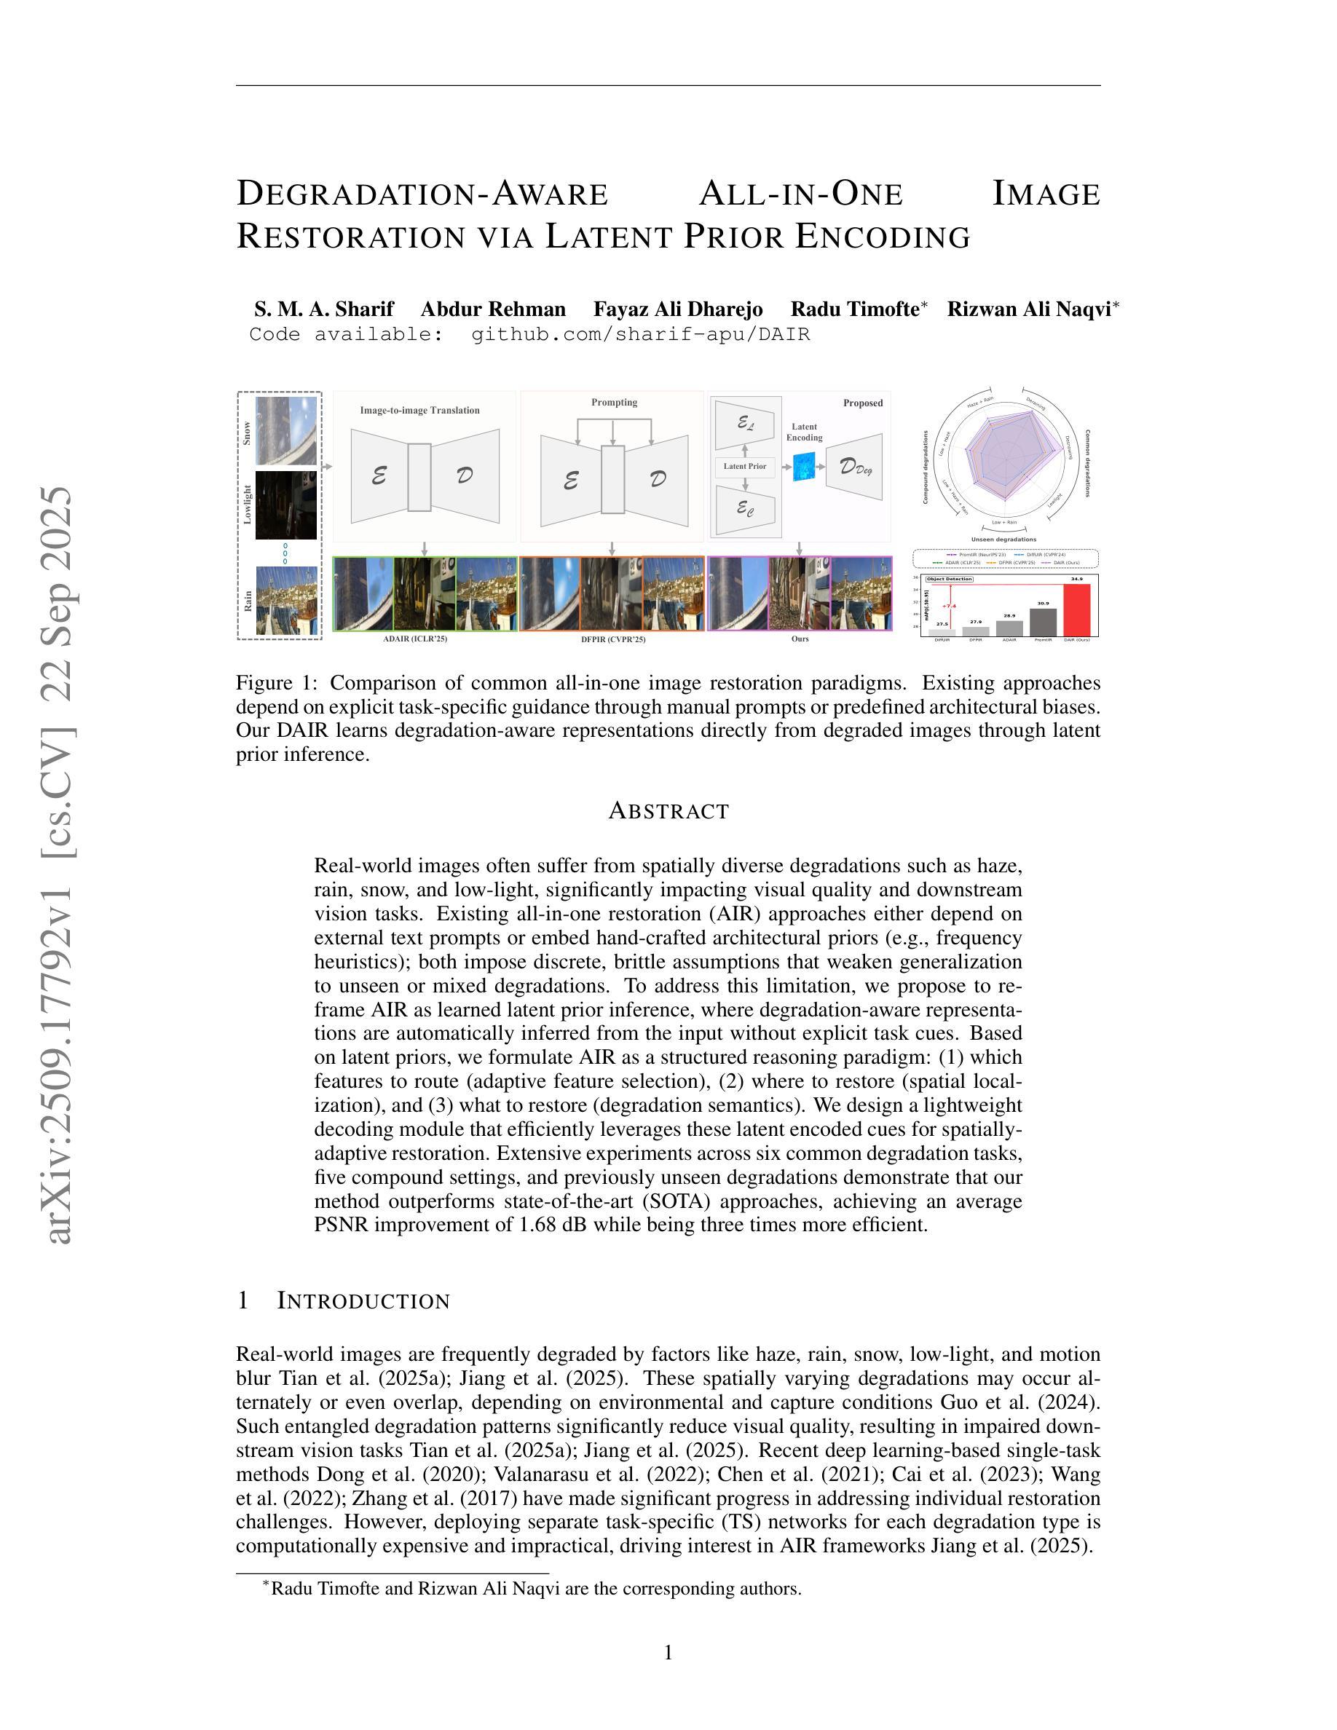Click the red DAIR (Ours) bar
click(1076, 609)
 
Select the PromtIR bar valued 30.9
click(1042, 622)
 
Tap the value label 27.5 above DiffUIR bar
click(942, 624)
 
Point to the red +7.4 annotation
click(949, 606)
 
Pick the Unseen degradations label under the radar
click(1003, 540)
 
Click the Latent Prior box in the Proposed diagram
click(744, 467)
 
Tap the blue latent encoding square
click(804, 467)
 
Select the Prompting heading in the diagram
click(614, 403)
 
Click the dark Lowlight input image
click(286, 505)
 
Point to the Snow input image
click(286, 430)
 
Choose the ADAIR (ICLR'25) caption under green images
click(415, 639)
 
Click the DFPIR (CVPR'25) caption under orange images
click(613, 639)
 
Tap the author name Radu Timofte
click(854, 309)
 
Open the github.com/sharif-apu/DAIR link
click(641, 334)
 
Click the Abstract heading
click(668, 811)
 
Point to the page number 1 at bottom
click(668, 1652)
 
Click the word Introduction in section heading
click(363, 1300)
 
